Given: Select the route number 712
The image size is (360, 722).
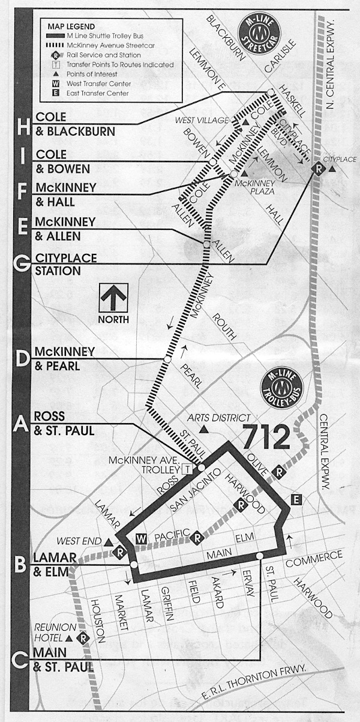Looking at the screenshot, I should point(266,438).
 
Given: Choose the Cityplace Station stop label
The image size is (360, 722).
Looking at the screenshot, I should point(58,264).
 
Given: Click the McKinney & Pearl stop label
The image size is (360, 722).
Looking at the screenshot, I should point(58,358).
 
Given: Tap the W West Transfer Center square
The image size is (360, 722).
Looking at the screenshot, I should point(142,537).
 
